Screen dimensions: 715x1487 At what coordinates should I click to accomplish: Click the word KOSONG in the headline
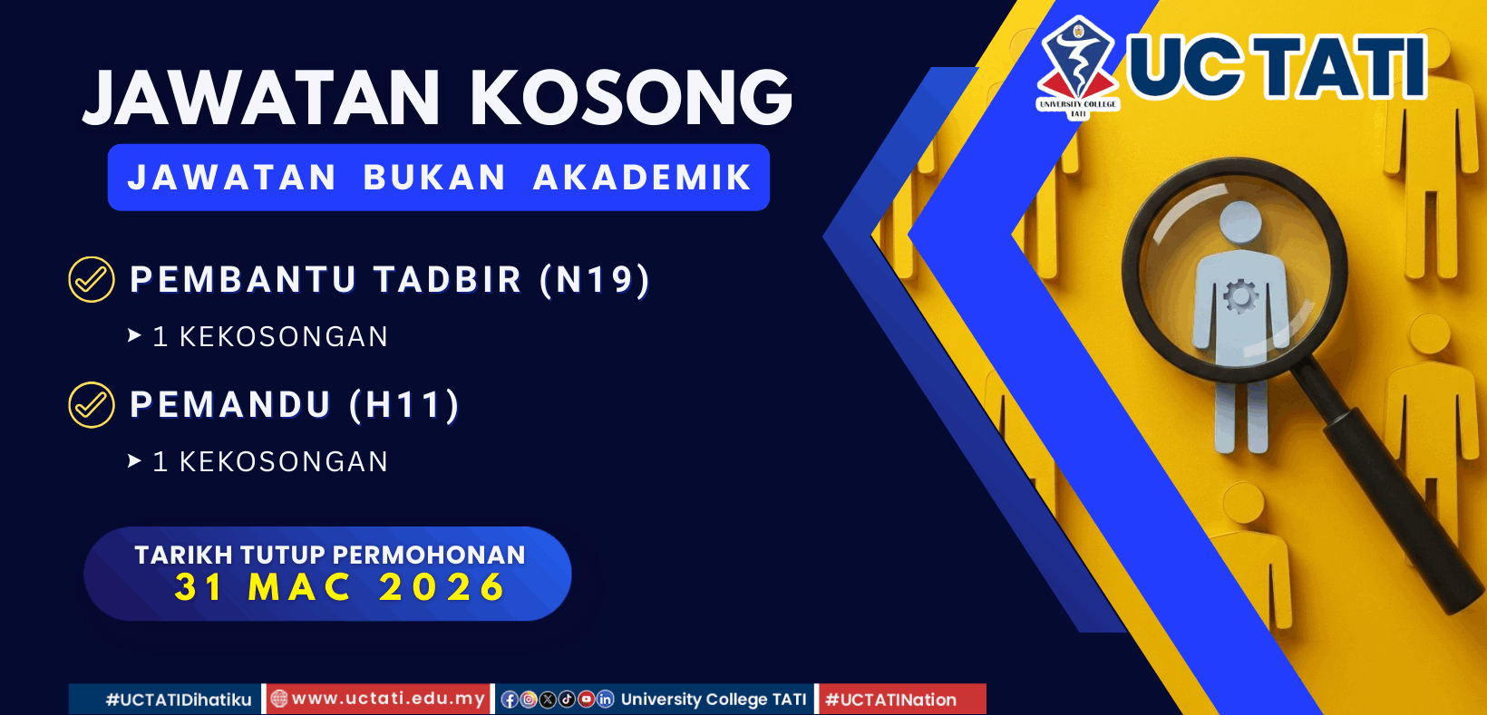pyautogui.click(x=631, y=97)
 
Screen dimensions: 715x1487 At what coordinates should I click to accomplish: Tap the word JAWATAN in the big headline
pyautogui.click(x=262, y=97)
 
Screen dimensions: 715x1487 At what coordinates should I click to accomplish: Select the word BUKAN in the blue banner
pyautogui.click(x=434, y=178)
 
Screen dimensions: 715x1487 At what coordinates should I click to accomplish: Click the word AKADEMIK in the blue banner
pyautogui.click(x=642, y=178)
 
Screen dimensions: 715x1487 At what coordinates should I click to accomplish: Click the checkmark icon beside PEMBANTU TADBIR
pyautogui.click(x=92, y=279)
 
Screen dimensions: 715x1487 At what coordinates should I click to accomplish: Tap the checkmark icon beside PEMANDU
pyautogui.click(x=92, y=404)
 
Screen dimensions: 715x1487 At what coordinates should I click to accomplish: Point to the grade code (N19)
pyautogui.click(x=595, y=279)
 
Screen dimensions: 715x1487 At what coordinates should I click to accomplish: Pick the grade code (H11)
pyautogui.click(x=405, y=404)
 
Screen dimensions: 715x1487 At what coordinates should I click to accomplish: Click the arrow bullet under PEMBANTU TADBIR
pyautogui.click(x=135, y=336)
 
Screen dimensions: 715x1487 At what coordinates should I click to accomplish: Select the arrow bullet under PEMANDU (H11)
pyautogui.click(x=135, y=461)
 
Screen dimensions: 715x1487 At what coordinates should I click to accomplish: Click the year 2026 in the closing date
pyautogui.click(x=442, y=587)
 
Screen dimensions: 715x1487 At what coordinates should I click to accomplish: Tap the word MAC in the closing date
pyautogui.click(x=299, y=587)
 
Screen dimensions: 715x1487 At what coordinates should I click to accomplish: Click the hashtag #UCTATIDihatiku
pyautogui.click(x=179, y=700)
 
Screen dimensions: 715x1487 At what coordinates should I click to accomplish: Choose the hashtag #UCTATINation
pyautogui.click(x=890, y=700)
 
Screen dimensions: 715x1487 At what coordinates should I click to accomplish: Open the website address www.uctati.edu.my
pyautogui.click(x=388, y=699)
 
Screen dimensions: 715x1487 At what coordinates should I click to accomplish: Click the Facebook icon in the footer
pyautogui.click(x=510, y=699)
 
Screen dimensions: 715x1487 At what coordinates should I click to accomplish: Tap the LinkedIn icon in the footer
pyautogui.click(x=605, y=699)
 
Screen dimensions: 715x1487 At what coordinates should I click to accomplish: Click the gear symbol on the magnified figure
pyautogui.click(x=1240, y=295)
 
